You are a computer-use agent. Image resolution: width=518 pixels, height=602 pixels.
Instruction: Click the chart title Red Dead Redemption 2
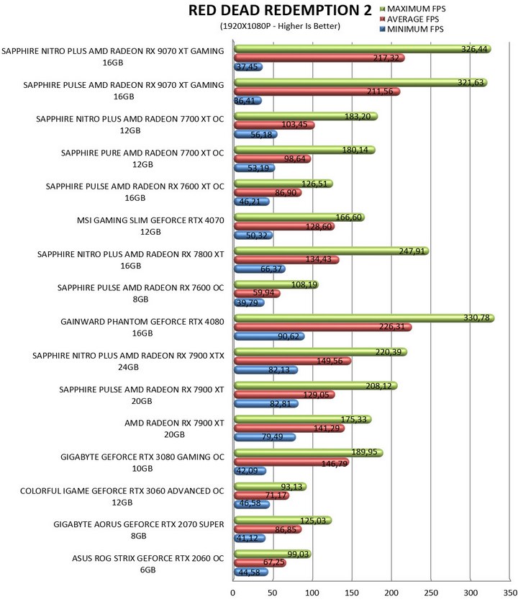[280, 10]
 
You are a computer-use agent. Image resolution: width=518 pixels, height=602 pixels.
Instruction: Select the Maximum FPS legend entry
[412, 9]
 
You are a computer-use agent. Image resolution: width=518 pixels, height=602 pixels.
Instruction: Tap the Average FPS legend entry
[409, 19]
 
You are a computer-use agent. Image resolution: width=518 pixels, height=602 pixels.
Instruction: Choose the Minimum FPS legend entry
[412, 30]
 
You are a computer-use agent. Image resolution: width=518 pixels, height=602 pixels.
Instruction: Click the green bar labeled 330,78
[364, 318]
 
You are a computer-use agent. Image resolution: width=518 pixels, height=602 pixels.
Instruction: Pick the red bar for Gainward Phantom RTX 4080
[323, 327]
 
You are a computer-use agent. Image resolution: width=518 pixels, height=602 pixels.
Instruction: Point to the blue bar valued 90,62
[269, 336]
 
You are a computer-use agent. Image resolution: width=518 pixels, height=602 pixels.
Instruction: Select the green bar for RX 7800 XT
[332, 251]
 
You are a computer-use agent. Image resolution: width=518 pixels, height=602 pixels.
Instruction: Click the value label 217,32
[386, 58]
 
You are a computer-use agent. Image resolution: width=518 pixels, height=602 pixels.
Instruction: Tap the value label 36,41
[245, 101]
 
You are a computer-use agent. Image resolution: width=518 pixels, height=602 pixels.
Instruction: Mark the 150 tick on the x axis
[352, 593]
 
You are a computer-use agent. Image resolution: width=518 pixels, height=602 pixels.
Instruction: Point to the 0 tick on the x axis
[233, 593]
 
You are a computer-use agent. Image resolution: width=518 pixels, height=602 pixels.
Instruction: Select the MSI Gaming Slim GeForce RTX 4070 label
[150, 226]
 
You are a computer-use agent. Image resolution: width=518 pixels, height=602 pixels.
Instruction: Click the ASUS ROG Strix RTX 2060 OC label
[147, 564]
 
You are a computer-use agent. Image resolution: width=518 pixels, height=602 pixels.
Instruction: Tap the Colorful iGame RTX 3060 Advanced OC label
[122, 496]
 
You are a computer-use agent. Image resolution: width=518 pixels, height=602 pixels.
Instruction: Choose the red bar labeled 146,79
[291, 462]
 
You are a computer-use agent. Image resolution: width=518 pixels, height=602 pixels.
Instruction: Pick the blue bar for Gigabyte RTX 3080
[250, 471]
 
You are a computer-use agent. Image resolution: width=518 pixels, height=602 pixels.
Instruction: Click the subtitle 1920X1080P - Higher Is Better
[280, 26]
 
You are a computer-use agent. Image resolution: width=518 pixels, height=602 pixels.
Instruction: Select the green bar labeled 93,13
[270, 487]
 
